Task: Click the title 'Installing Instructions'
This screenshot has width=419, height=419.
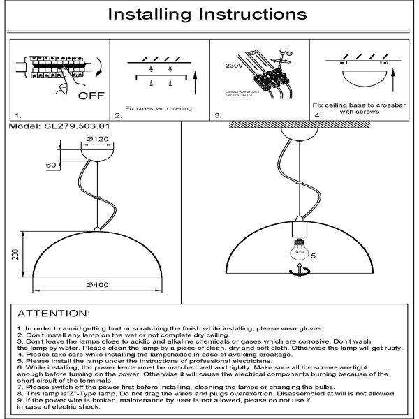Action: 209,14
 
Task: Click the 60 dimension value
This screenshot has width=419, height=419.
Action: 50,165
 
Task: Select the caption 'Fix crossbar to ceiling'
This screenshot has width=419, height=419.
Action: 158,109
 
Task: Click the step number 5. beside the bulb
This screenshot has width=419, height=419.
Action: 315,256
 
